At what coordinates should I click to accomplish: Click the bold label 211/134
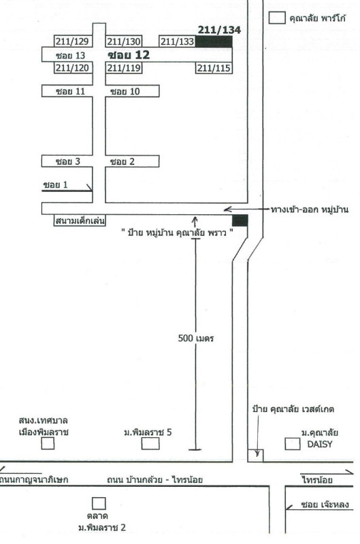click(x=219, y=30)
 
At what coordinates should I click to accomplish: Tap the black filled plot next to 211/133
click(x=214, y=41)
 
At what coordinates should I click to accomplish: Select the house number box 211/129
click(x=73, y=41)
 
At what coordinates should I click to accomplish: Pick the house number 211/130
click(x=124, y=41)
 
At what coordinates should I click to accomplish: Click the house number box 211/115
click(x=214, y=68)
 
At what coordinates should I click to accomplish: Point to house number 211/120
click(x=73, y=67)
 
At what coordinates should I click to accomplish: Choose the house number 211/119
click(x=124, y=67)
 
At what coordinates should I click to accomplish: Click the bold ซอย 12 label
click(x=129, y=54)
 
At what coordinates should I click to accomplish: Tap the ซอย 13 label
click(x=71, y=55)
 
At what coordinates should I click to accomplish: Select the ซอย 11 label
click(x=71, y=91)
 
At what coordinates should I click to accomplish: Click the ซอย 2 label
click(x=122, y=161)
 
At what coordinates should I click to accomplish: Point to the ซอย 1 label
click(x=56, y=184)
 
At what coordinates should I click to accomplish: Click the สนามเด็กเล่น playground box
click(x=80, y=220)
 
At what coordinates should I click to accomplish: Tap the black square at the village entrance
click(x=240, y=220)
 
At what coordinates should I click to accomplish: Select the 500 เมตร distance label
click(x=196, y=338)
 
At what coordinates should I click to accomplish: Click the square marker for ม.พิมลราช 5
click(x=150, y=443)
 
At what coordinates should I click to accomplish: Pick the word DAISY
click(x=320, y=444)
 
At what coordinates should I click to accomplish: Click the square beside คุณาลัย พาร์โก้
click(x=277, y=18)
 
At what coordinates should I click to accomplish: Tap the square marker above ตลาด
click(x=99, y=503)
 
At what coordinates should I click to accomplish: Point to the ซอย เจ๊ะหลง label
click(x=325, y=505)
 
